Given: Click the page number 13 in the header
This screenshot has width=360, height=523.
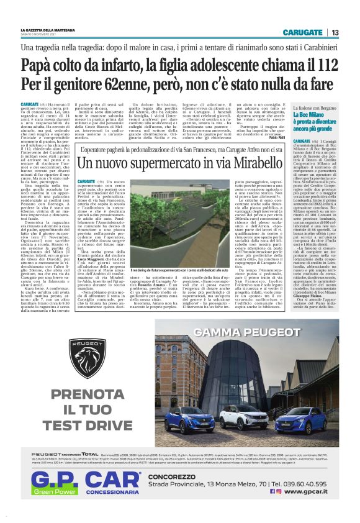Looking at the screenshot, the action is click(335, 32).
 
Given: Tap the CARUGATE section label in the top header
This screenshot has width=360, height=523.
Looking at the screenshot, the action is click(302, 32).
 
